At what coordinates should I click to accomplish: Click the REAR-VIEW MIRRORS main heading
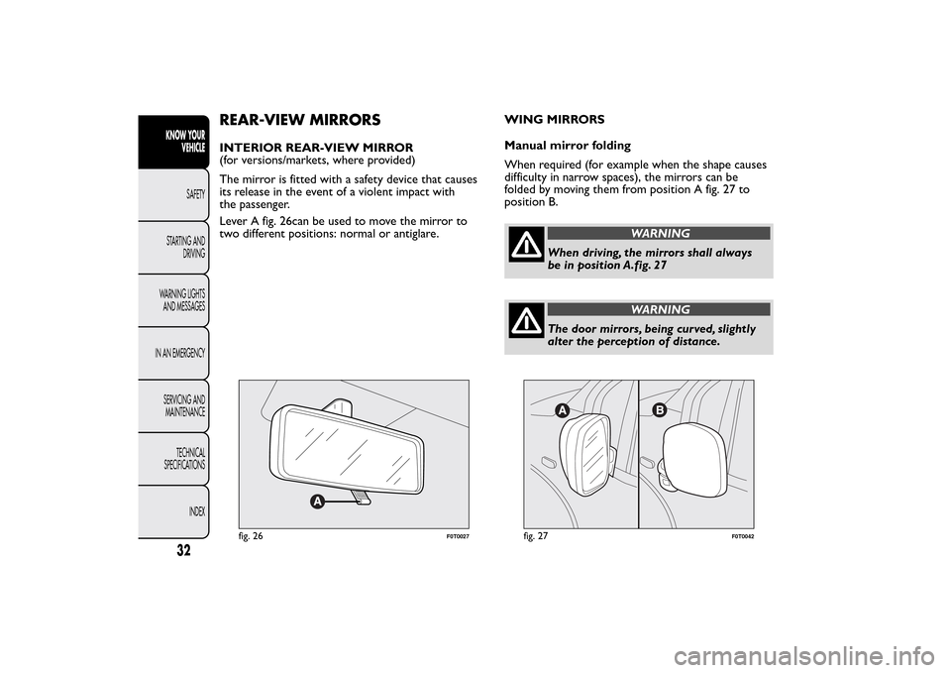[x=299, y=120]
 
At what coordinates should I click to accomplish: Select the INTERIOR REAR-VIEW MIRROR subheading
[x=316, y=147]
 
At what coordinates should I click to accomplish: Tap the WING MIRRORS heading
[x=554, y=120]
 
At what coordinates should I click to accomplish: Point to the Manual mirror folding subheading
[x=567, y=146]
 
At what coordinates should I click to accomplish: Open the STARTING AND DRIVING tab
[x=184, y=247]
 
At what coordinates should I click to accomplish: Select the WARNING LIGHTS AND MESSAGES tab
[x=182, y=300]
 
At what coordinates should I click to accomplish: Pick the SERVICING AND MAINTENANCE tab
[x=184, y=405]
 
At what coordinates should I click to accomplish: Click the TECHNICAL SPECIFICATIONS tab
[x=185, y=459]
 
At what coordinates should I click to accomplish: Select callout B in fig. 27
[x=658, y=408]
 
